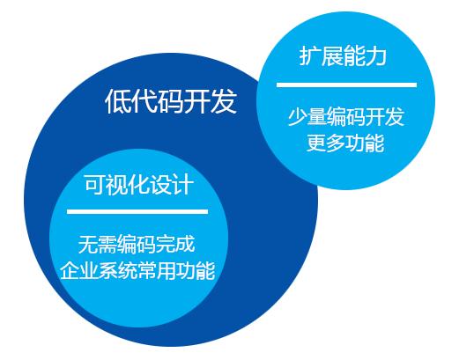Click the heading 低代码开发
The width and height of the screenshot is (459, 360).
(171, 103)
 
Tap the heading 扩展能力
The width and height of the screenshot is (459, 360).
(344, 58)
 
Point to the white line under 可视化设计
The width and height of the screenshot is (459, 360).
(137, 211)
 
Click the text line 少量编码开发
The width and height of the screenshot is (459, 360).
(345, 116)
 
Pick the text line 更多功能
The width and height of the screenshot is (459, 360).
(345, 143)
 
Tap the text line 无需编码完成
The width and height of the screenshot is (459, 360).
(137, 245)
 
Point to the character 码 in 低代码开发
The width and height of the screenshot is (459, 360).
(171, 103)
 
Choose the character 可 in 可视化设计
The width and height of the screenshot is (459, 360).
(94, 185)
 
